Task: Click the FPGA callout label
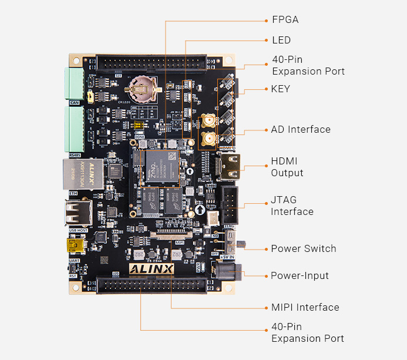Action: tap(285, 19)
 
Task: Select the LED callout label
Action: tap(281, 40)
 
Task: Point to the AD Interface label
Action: tap(301, 129)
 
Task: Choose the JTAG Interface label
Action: tap(292, 206)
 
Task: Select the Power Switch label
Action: tap(303, 248)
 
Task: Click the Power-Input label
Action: tap(300, 275)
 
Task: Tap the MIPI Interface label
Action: tap(305, 307)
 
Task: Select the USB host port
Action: tap(78, 213)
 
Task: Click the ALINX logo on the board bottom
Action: tap(152, 268)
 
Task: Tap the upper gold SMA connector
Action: tap(207, 122)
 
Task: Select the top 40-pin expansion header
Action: tap(152, 62)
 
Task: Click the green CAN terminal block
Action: tap(74, 84)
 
